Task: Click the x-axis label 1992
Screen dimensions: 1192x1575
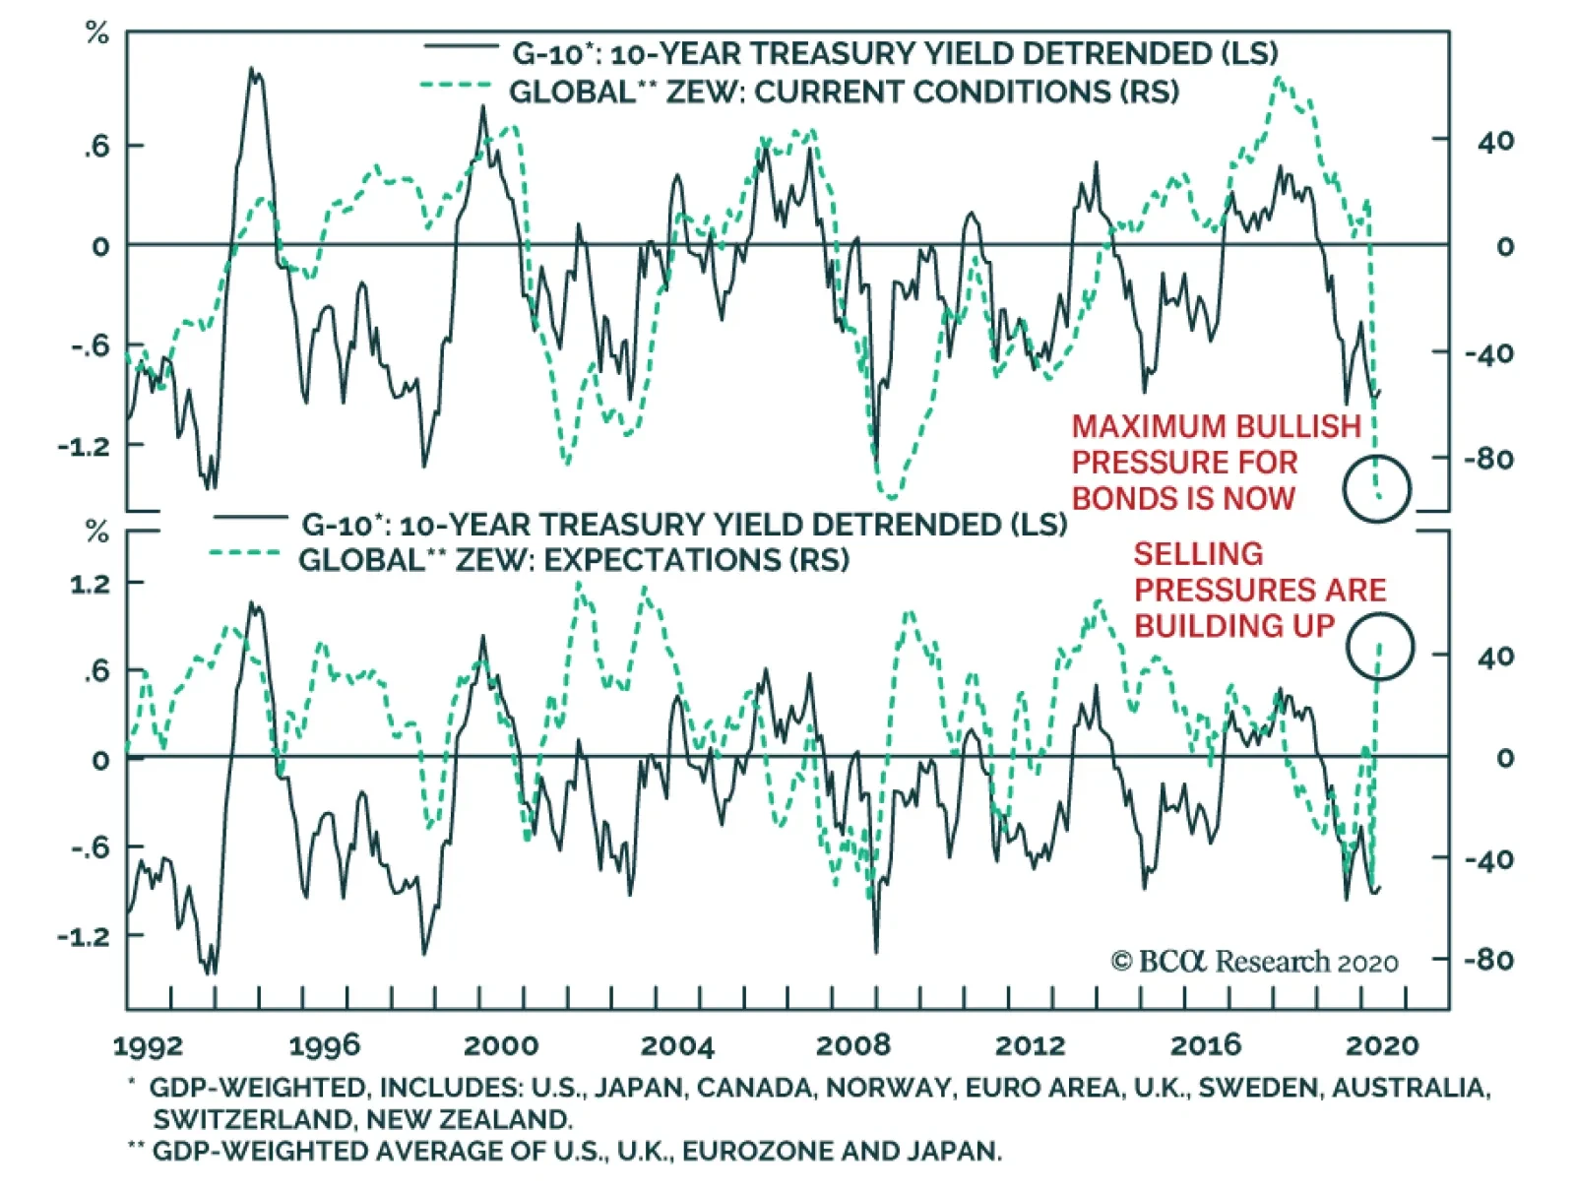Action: pyautogui.click(x=148, y=1045)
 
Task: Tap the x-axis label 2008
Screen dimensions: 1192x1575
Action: pyautogui.click(x=852, y=1045)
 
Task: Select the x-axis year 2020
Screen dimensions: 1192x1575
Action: pyautogui.click(x=1382, y=1045)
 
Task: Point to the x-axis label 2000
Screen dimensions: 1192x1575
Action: pyautogui.click(x=500, y=1045)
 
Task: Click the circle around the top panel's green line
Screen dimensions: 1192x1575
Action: pyautogui.click(x=1377, y=488)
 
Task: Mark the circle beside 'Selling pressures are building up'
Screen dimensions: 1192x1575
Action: pyautogui.click(x=1380, y=647)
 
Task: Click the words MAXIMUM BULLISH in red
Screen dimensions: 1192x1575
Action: pyautogui.click(x=1216, y=426)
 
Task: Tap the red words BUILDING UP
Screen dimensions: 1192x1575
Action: pyautogui.click(x=1233, y=626)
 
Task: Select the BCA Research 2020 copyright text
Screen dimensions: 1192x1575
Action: pyautogui.click(x=1254, y=962)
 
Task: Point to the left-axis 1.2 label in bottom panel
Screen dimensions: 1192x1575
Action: pyautogui.click(x=91, y=584)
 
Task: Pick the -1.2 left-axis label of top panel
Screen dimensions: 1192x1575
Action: pyautogui.click(x=84, y=446)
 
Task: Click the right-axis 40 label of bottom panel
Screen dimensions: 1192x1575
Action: pyautogui.click(x=1495, y=656)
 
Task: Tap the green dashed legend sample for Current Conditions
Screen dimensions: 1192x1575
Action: pyautogui.click(x=456, y=86)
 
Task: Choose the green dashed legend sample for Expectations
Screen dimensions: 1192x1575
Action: pyautogui.click(x=245, y=553)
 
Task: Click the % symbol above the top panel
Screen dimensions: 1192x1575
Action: pyautogui.click(x=96, y=33)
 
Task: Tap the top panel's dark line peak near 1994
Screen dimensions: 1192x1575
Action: pyautogui.click(x=253, y=70)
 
